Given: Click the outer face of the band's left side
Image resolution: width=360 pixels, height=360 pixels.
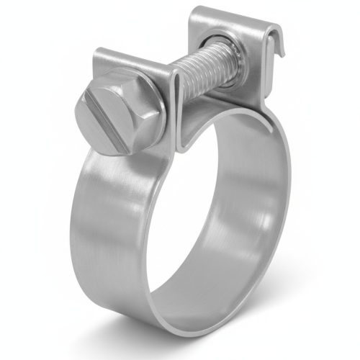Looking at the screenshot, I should [108, 216].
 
